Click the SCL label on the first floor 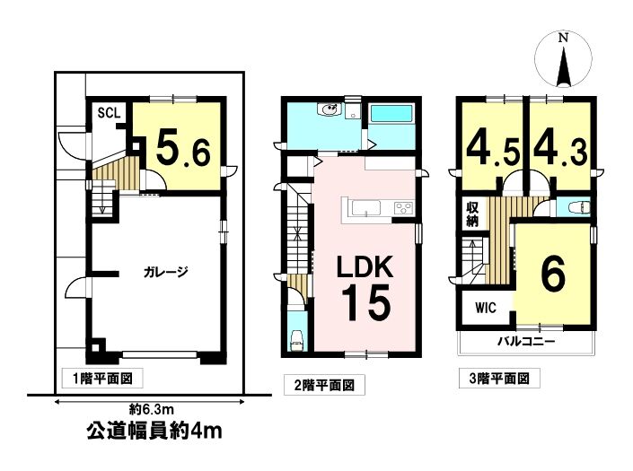pos(109,113)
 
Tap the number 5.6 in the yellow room pos(183,149)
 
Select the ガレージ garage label pos(166,272)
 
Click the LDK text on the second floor pos(365,266)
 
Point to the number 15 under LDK pos(366,302)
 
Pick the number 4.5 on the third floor pos(493,149)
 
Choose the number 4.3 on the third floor pos(560,149)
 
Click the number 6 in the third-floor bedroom pos(553,275)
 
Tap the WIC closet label pos(486,308)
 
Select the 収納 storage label pos(472,214)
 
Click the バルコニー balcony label pos(526,342)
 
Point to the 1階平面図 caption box pos(102,379)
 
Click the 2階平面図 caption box pos(324,385)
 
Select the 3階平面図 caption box pos(499,379)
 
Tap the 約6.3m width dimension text pos(152,410)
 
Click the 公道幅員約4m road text pos(154,432)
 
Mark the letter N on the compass pos(563,39)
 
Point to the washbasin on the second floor pos(330,109)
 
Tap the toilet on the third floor pos(578,207)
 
